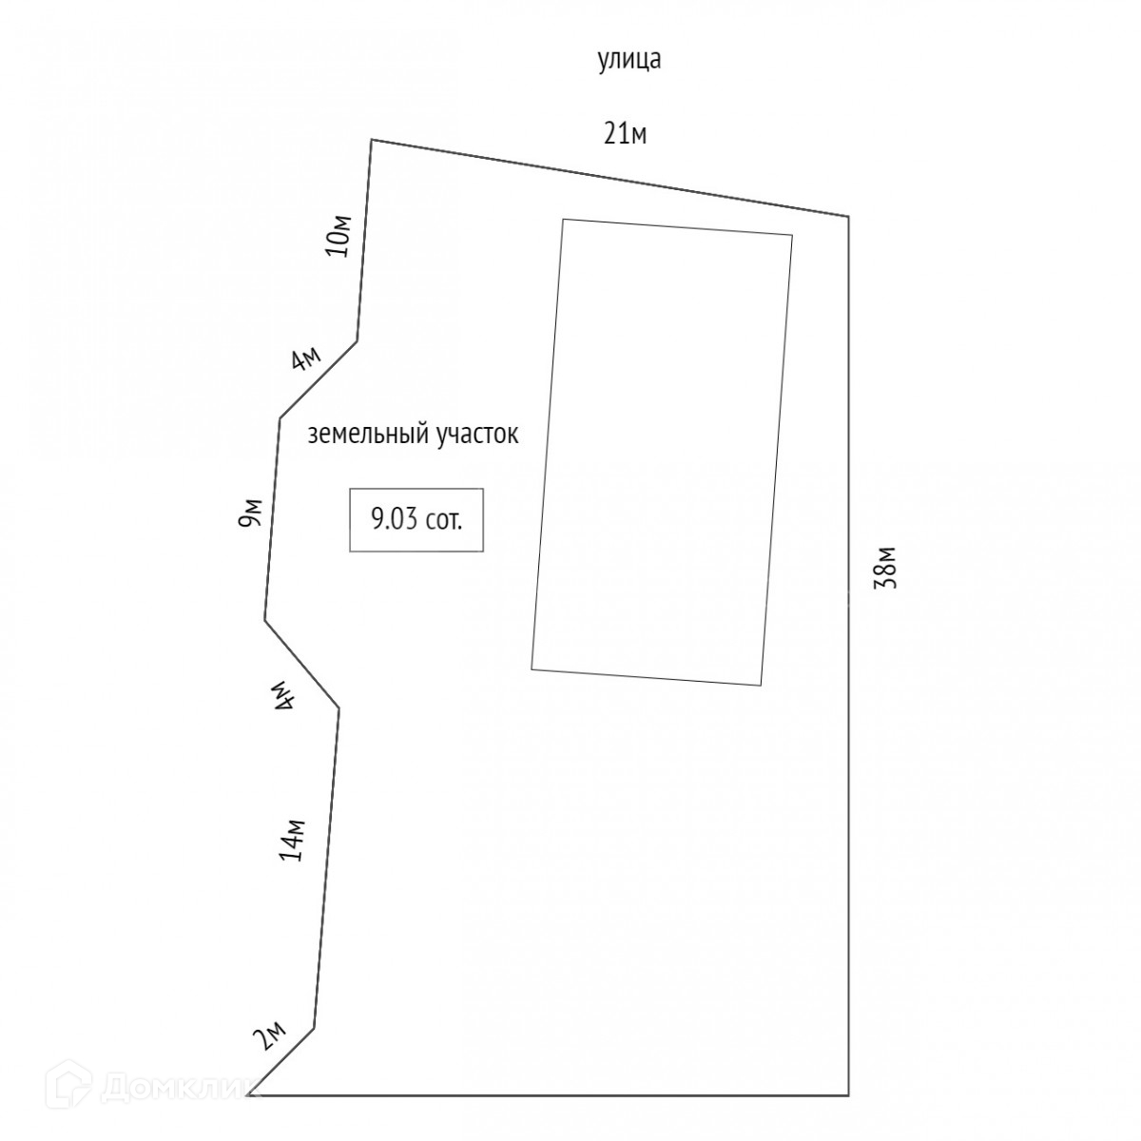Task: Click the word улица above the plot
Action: click(x=629, y=61)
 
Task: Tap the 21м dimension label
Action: click(x=626, y=134)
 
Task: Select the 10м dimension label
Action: click(x=339, y=236)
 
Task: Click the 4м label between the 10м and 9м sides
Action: click(x=306, y=359)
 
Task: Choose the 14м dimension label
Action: click(x=292, y=840)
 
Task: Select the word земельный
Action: click(x=367, y=435)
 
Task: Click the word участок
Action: click(x=477, y=435)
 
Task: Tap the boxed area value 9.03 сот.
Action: click(x=416, y=520)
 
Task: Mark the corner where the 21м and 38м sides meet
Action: click(x=848, y=217)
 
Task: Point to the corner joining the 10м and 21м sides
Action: click(x=371, y=140)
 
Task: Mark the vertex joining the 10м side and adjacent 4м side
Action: click(x=358, y=339)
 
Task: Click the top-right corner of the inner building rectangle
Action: click(x=792, y=234)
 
